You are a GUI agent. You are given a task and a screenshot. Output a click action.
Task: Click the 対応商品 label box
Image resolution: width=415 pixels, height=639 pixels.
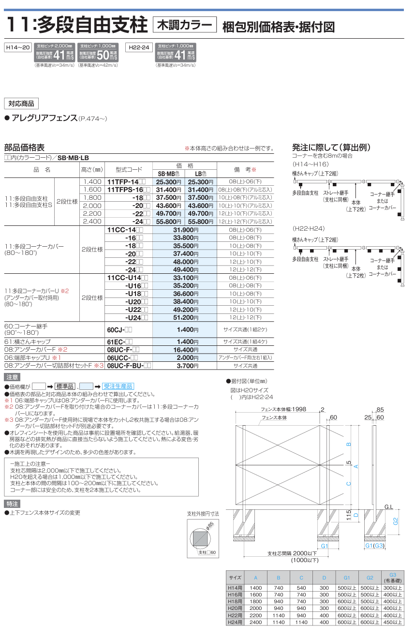coord(21,104)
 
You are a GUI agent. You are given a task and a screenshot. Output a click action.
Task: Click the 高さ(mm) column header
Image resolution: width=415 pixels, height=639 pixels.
coord(92,170)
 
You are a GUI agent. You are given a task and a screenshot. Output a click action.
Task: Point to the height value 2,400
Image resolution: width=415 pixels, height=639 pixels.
coord(92,222)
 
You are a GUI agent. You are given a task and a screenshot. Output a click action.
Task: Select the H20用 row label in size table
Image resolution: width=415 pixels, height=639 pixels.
coord(235,608)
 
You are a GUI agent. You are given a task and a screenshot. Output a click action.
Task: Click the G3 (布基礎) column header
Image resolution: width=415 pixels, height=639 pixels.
coord(392,578)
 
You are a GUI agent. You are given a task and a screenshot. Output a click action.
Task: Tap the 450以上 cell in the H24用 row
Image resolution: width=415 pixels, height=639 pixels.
coord(392,622)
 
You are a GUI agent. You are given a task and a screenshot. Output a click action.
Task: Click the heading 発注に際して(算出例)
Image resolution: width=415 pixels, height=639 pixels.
coord(332,148)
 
